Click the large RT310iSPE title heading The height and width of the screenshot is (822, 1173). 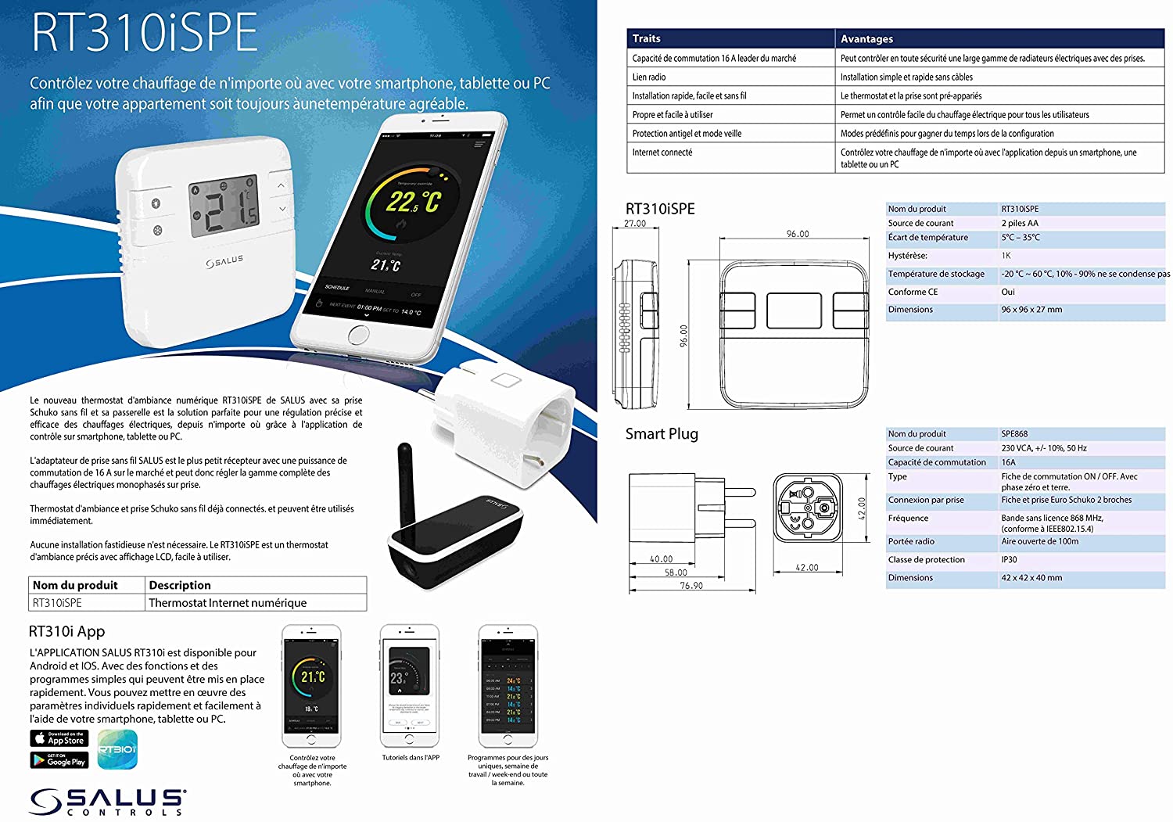(x=145, y=33)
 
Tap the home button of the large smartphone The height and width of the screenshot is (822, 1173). (x=357, y=335)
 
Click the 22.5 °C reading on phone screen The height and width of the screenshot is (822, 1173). (x=412, y=203)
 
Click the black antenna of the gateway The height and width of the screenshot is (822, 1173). (x=406, y=485)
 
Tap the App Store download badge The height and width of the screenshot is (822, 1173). (x=59, y=738)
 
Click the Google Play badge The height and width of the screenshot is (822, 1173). (x=59, y=759)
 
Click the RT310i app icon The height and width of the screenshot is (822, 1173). (x=117, y=749)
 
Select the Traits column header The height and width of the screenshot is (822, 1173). (x=647, y=38)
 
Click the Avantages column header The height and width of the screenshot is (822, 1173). (x=866, y=38)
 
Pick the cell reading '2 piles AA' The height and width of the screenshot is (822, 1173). (x=1020, y=223)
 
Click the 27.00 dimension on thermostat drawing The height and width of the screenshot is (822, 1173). (x=635, y=224)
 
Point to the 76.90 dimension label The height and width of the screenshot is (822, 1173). (x=691, y=585)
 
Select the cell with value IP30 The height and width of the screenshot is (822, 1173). (x=1010, y=559)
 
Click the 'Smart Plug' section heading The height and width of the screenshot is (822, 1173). (x=662, y=434)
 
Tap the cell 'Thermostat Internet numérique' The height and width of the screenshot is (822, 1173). (x=228, y=603)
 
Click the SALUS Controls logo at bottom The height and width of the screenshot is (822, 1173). (x=107, y=802)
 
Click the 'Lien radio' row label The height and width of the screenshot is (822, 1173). (x=649, y=77)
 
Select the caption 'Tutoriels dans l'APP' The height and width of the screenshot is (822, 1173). (x=411, y=757)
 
